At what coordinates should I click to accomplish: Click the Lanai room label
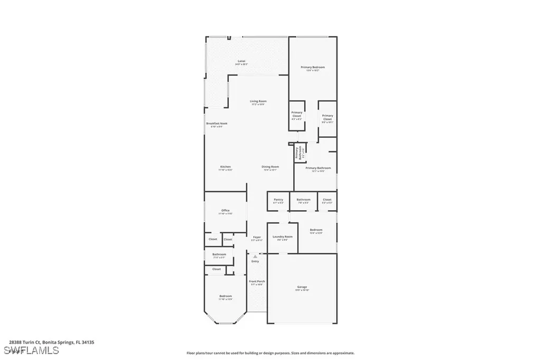coord(241,62)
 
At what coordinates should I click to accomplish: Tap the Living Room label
coord(258,101)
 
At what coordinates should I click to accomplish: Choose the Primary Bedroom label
coord(313,68)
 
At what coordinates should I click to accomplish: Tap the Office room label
coord(226,211)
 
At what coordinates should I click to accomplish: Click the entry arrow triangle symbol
coord(255,257)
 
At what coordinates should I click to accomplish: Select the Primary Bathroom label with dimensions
coord(318,168)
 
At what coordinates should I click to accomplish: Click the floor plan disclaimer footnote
coord(270,353)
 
